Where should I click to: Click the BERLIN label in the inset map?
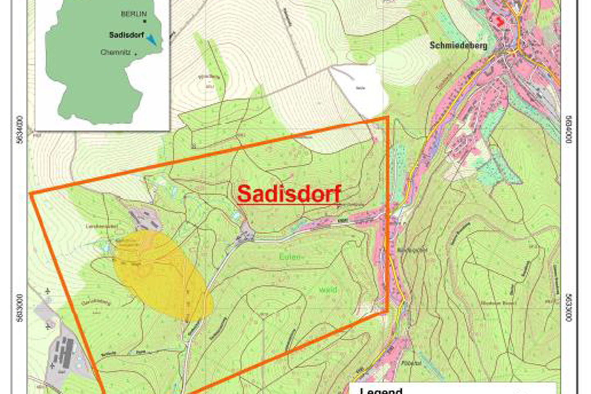(133, 14)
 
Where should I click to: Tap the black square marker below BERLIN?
(144, 21)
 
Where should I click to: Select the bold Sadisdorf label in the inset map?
(126, 35)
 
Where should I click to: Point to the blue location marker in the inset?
(152, 39)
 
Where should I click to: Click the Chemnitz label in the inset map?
(115, 53)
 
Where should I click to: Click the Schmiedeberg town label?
(458, 46)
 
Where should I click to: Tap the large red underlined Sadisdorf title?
(289, 193)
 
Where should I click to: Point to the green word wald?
(328, 290)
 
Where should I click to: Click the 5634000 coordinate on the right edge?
(569, 130)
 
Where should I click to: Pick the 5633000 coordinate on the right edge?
(569, 308)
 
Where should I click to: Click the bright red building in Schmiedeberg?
(500, 22)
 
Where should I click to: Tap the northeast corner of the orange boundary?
(388, 118)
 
